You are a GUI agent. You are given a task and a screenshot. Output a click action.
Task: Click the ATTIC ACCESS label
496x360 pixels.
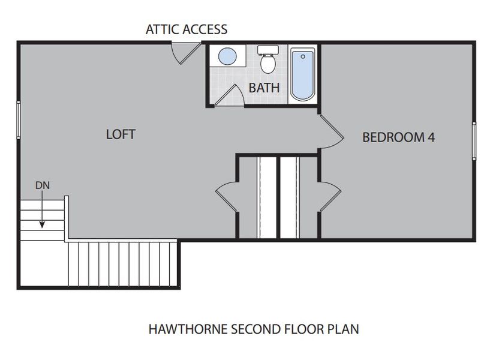coord(187,29)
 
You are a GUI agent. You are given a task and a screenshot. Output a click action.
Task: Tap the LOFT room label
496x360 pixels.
coord(121,134)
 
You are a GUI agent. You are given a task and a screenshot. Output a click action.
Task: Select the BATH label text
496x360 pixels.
coord(264,88)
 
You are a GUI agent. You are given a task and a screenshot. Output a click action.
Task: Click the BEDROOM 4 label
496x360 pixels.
coord(398,137)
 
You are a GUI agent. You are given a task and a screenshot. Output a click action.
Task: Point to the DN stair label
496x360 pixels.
coord(42,185)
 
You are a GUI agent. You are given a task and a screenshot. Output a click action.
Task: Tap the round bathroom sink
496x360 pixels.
coord(227,57)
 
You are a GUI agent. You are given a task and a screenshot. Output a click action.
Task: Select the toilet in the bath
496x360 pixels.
coord(267,60)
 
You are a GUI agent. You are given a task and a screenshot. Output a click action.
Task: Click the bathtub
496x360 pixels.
coord(302,74)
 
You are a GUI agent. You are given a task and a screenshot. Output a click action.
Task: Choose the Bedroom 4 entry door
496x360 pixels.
coord(330,131)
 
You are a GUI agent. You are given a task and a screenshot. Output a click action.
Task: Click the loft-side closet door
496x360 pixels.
coord(226,196)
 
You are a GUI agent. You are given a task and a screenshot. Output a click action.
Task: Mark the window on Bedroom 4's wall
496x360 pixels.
coord(474,141)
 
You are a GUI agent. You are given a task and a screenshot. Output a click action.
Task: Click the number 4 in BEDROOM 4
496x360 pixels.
coord(431,137)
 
